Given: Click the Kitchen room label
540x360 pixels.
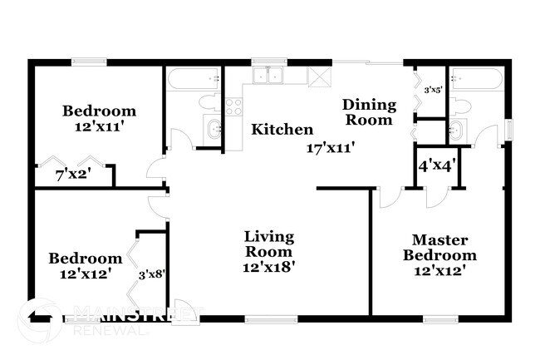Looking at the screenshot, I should click(282, 130).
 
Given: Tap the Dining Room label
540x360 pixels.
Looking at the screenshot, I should click(367, 112).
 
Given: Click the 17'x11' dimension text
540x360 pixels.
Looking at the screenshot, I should click(331, 148).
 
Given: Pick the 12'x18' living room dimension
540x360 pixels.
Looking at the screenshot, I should click(268, 267).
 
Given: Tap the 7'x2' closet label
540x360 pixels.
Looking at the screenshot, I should click(73, 175).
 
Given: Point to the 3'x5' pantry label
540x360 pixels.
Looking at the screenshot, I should click(432, 90).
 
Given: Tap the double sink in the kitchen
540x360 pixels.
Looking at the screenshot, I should click(267, 76).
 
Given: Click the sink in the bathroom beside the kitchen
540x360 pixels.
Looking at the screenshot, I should click(213, 129).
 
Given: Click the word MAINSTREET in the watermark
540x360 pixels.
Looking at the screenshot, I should click(137, 313).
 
